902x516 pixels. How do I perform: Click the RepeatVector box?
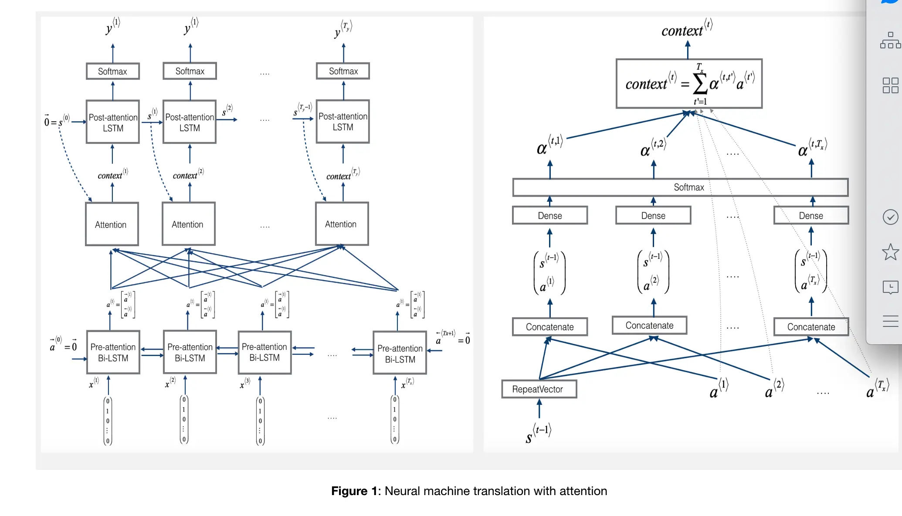click(539, 389)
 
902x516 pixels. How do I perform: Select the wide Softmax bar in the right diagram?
click(680, 187)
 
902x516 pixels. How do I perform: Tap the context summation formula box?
click(688, 84)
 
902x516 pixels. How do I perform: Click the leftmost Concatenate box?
click(549, 327)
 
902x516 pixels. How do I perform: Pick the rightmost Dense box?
click(810, 216)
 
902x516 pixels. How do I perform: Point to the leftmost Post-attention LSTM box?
click(113, 122)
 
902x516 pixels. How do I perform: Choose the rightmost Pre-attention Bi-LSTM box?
click(400, 353)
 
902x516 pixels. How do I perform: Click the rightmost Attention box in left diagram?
click(342, 224)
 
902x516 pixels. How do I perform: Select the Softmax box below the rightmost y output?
click(343, 71)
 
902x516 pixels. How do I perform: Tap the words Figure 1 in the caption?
click(355, 491)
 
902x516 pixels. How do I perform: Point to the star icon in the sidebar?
click(890, 252)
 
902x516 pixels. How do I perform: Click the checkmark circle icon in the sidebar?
click(890, 217)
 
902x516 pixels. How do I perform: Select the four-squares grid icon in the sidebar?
click(890, 85)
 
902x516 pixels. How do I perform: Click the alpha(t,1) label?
click(549, 145)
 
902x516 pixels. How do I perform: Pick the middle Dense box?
click(653, 216)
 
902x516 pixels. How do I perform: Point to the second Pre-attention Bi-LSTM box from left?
click(190, 352)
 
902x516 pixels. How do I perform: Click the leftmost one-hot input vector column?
click(108, 421)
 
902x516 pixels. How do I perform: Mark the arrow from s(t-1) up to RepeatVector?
click(539, 409)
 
